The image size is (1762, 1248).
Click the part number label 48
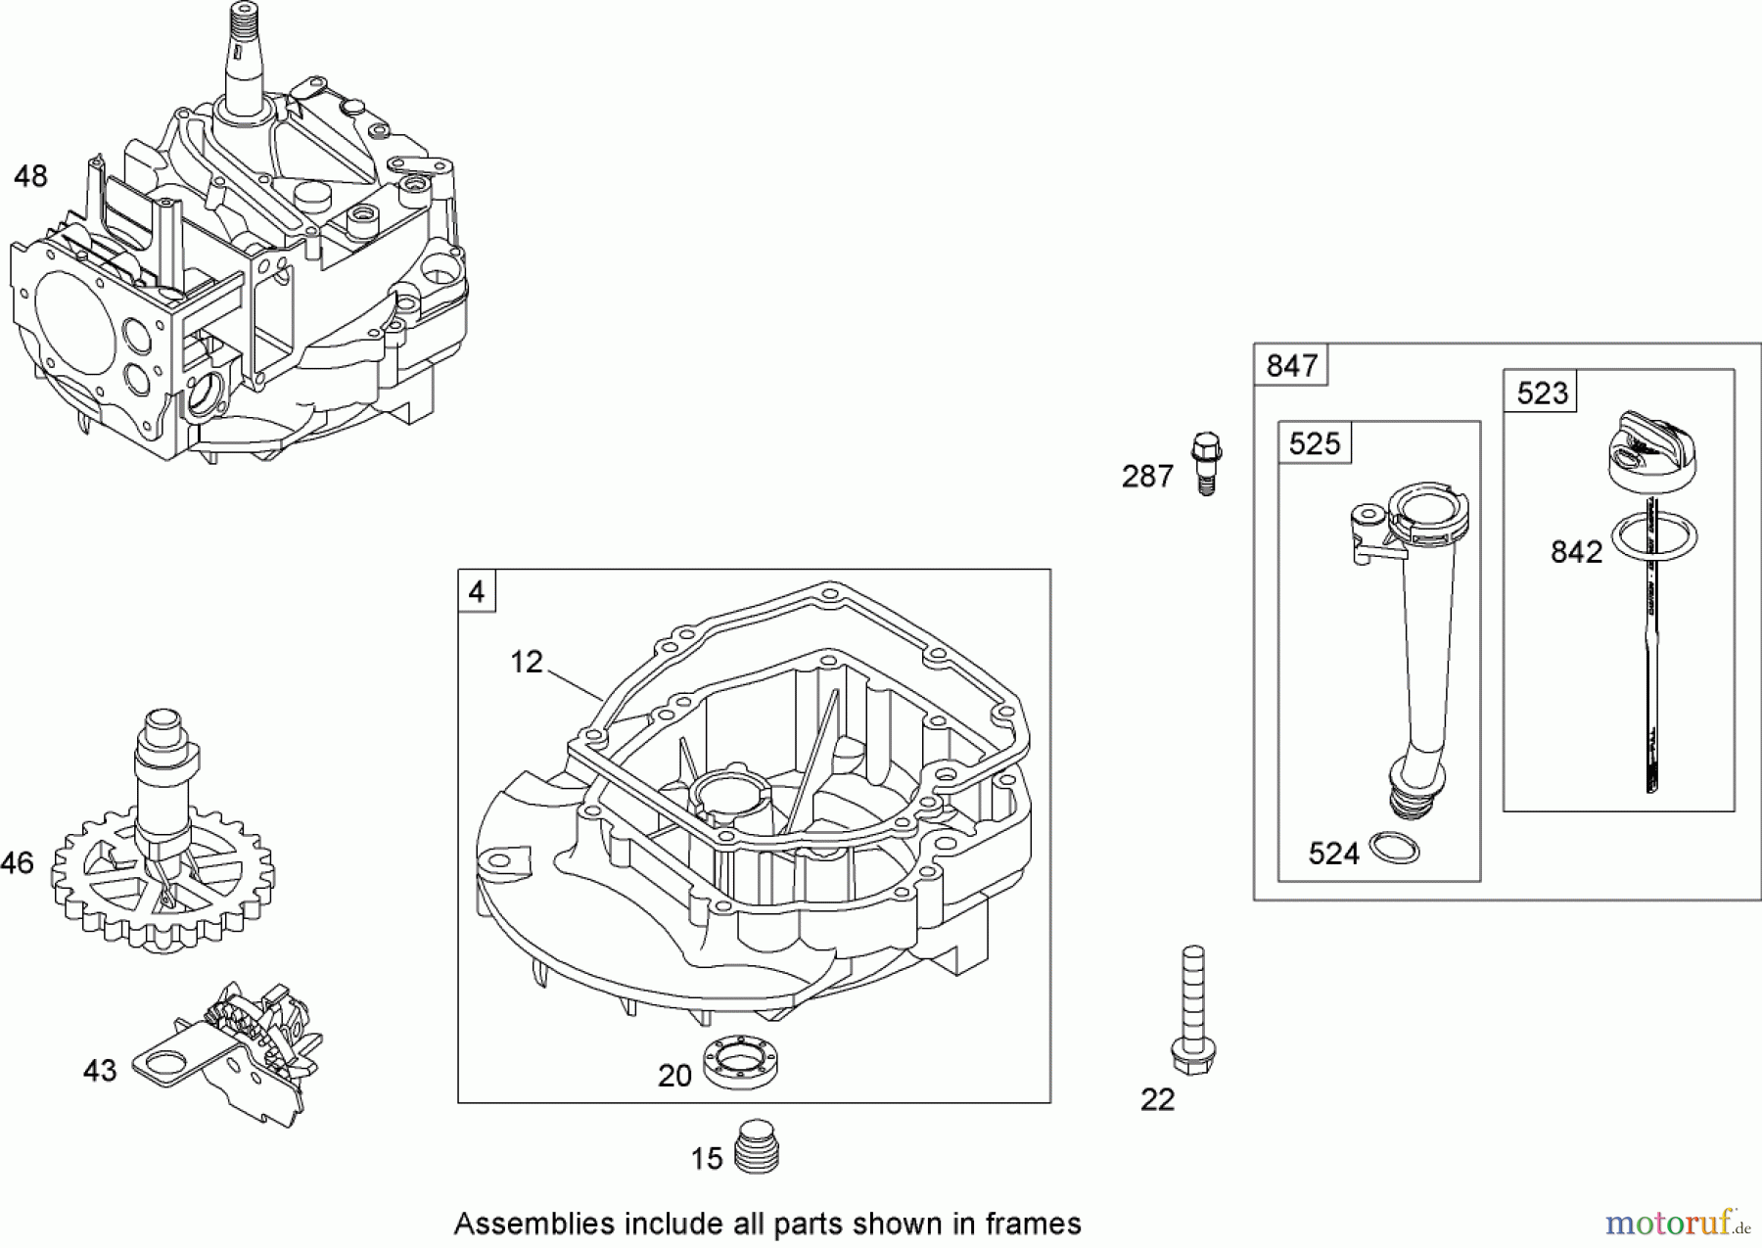point(30,176)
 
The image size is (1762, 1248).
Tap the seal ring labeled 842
point(1653,536)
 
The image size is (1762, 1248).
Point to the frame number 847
point(1291,365)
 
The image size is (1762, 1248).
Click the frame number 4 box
point(477,591)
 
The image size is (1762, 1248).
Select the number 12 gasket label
point(526,663)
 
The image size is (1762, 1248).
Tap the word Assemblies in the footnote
point(520,1224)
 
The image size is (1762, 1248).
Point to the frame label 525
point(1314,443)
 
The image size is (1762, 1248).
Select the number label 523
point(1542,393)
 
